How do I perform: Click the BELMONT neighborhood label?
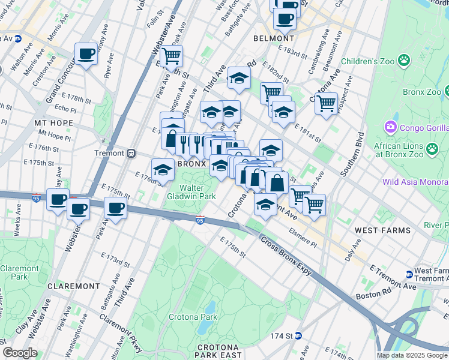click(272, 38)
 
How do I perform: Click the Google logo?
click(20, 353)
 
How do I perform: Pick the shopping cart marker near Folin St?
click(172, 56)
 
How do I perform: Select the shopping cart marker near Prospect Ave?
click(326, 103)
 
